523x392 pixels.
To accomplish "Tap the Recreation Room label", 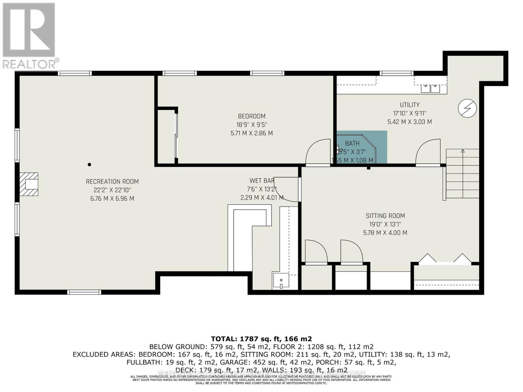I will (x=112, y=182).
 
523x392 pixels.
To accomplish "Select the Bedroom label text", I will (x=251, y=116).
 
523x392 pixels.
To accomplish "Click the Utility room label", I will (x=410, y=105).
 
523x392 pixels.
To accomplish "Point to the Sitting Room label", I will (x=385, y=216).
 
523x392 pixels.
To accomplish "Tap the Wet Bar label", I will (x=262, y=181).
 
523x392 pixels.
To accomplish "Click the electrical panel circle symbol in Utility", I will (x=467, y=108).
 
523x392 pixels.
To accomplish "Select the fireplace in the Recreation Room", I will (x=29, y=184).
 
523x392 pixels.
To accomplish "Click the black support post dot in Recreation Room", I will (x=89, y=165).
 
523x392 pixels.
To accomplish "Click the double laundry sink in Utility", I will (x=430, y=88).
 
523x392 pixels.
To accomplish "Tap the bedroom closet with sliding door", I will (x=167, y=136).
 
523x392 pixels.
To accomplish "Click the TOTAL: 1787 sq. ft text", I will (x=261, y=339).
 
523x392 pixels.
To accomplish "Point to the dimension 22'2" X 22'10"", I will (x=112, y=190).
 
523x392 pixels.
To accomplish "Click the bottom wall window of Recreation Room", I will (x=84, y=292).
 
